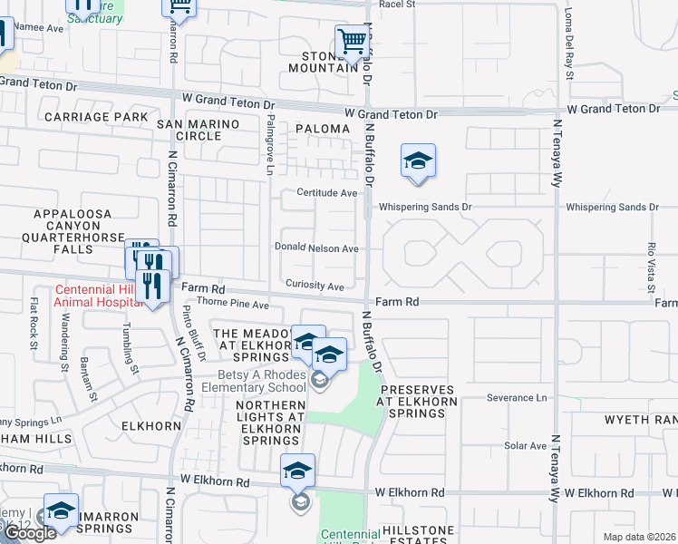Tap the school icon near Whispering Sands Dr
pos(418,161)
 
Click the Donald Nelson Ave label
pos(317,248)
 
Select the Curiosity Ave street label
pos(315,286)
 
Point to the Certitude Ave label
pos(327,193)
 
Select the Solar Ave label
pos(526,446)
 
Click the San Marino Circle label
pos(198,130)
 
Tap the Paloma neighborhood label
pos(322,130)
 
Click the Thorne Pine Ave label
pos(234,305)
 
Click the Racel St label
pos(397,5)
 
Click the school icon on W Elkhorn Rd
pos(297,471)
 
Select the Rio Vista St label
pos(651,259)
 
